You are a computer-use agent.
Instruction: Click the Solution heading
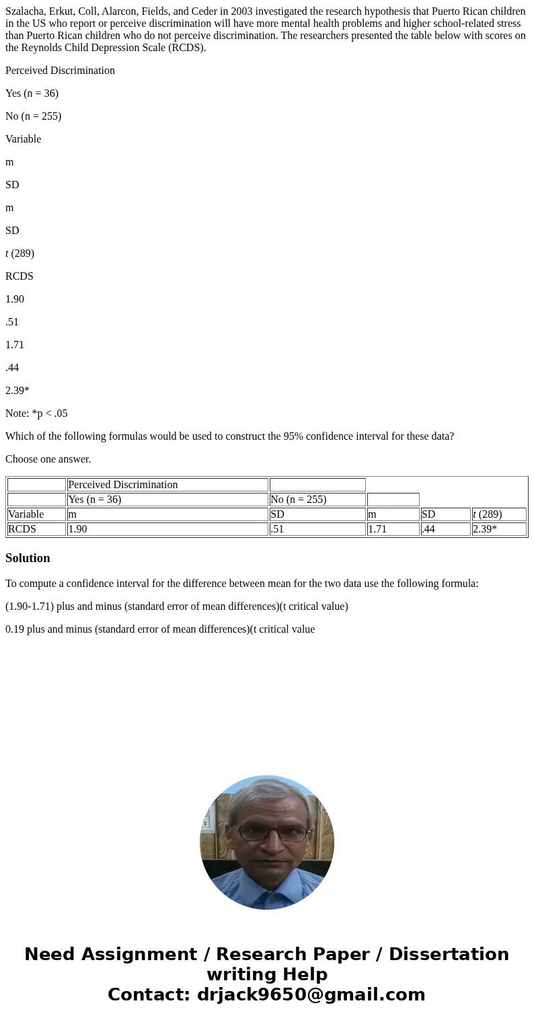point(28,558)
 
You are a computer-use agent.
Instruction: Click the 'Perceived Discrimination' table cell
point(167,485)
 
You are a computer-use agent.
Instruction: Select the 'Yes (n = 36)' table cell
point(167,500)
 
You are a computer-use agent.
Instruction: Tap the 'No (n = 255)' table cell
point(317,500)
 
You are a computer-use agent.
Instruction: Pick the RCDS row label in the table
point(36,529)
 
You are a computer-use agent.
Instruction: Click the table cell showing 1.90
point(167,529)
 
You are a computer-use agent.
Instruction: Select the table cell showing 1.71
point(393,529)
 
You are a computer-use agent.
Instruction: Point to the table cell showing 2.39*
point(499,529)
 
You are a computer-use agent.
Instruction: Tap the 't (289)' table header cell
point(499,514)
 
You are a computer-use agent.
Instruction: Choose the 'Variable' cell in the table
point(36,514)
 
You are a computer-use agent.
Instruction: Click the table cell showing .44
point(445,529)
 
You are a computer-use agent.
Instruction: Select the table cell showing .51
point(317,529)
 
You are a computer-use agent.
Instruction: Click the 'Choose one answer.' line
point(48,459)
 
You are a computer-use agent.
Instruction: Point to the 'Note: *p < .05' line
point(36,413)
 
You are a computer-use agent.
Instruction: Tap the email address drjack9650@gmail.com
point(311,994)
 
